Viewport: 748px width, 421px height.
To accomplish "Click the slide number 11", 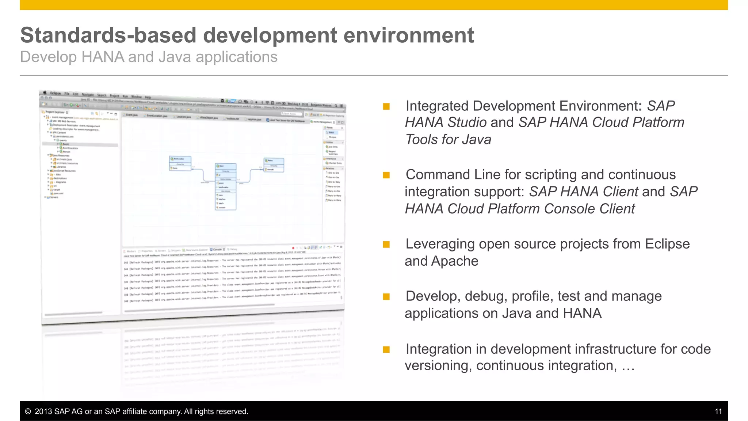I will [718, 411].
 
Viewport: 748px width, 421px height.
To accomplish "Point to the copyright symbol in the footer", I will [28, 411].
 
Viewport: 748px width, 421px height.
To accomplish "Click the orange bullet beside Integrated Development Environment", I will [386, 106].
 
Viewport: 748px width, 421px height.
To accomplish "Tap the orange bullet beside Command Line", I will [386, 175].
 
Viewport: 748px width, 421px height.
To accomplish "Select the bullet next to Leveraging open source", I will [386, 244].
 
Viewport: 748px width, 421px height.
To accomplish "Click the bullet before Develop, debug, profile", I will [386, 296].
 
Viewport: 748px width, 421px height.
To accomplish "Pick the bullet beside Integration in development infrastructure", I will [386, 349].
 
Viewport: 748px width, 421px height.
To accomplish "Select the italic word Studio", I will [467, 122].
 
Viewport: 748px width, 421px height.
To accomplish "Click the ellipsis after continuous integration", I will [628, 366].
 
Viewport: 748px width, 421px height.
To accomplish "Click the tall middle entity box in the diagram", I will [225, 186].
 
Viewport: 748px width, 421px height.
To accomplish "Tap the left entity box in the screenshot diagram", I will [180, 163].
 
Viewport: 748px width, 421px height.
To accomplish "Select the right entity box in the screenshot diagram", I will [274, 165].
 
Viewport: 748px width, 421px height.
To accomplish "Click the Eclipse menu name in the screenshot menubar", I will [56, 93].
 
